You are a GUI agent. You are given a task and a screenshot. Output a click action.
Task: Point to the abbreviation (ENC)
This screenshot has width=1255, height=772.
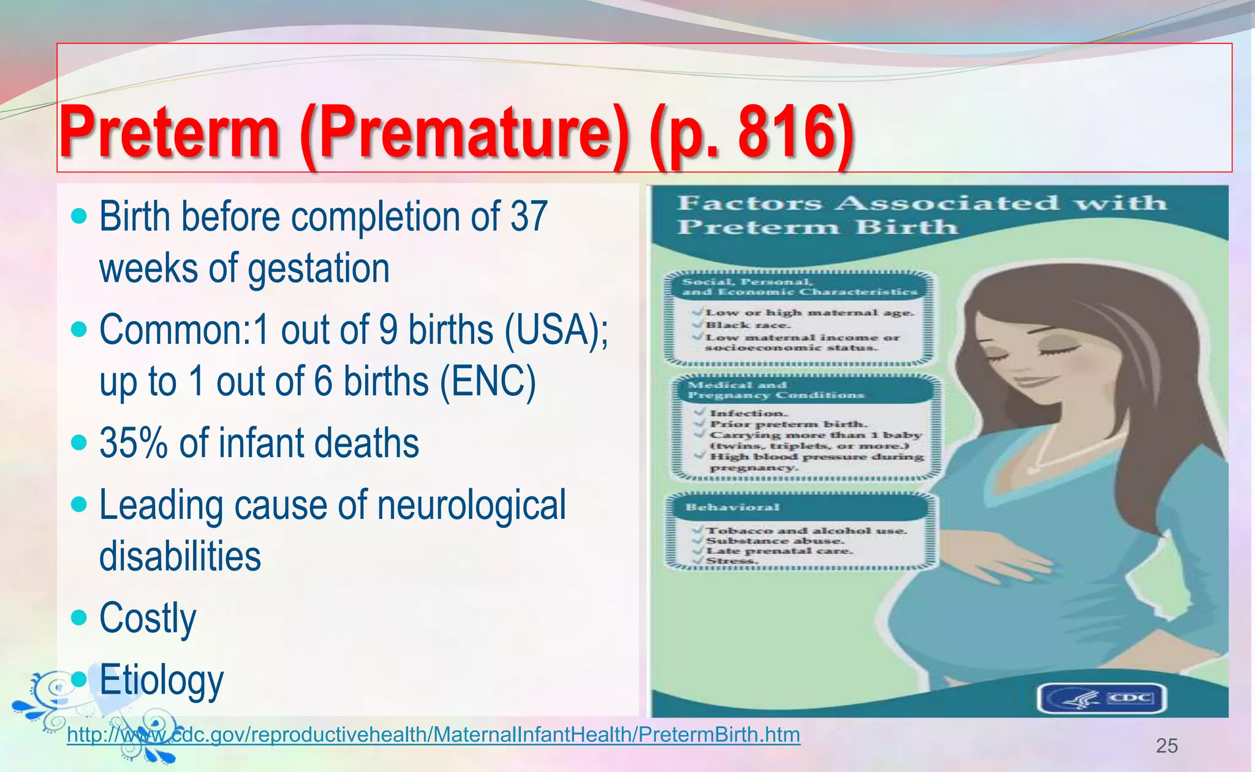tap(488, 381)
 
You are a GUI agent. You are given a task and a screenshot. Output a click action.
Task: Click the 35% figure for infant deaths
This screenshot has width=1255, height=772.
tap(134, 443)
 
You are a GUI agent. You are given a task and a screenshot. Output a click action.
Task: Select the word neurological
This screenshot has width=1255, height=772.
tap(471, 505)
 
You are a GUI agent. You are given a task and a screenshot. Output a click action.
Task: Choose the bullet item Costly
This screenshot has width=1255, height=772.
tap(148, 618)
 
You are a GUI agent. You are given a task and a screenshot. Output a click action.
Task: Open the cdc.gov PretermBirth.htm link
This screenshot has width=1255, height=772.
tap(433, 734)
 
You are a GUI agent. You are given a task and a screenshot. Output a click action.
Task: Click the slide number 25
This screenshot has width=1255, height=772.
tap(1167, 746)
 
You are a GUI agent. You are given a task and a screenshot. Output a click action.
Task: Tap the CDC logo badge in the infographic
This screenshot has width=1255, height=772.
tap(1102, 698)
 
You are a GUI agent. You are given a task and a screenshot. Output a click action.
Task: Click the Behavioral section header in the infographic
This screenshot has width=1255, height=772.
tap(733, 507)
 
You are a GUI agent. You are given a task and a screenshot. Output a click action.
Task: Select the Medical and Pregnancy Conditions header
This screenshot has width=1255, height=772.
tap(776, 390)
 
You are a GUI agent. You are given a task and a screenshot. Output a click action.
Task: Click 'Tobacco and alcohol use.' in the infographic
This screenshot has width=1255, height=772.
tap(806, 531)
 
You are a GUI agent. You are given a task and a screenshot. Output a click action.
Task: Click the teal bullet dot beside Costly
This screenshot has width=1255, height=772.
tap(79, 617)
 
